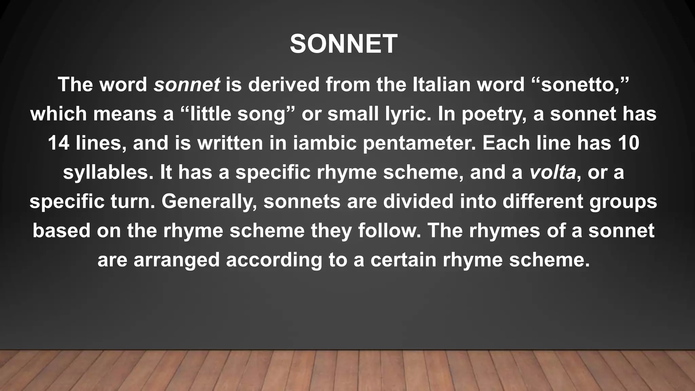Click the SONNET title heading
(343, 44)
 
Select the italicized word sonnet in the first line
(187, 84)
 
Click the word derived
(284, 84)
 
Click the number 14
(58, 143)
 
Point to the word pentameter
(419, 143)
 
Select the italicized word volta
(552, 172)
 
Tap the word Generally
(209, 202)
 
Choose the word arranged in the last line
(177, 260)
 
